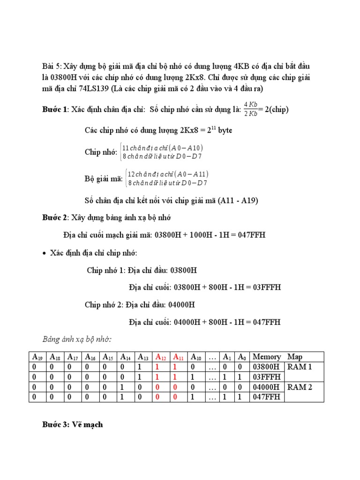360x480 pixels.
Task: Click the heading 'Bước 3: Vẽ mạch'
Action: point(73,425)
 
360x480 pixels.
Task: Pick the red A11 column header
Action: point(180,357)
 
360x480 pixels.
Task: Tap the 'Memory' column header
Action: point(266,357)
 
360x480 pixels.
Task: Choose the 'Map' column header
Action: point(295,357)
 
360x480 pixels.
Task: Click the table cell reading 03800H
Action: point(266,367)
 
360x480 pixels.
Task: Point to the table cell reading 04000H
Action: point(266,387)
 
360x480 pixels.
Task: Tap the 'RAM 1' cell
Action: point(300,367)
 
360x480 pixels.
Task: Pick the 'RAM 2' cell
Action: point(300,387)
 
